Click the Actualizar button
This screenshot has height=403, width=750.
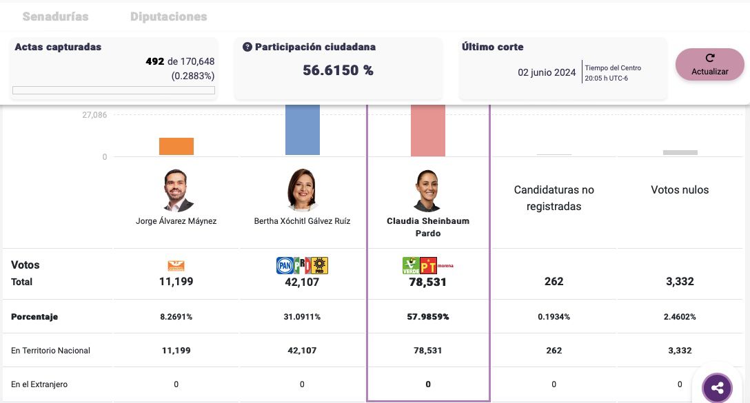pyautogui.click(x=709, y=65)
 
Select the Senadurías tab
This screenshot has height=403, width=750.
pyautogui.click(x=55, y=17)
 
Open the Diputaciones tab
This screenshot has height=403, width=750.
pyautogui.click(x=169, y=17)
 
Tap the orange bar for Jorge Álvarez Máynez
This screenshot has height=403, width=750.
pyautogui.click(x=176, y=146)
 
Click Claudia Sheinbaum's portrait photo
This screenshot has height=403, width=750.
pyautogui.click(x=428, y=190)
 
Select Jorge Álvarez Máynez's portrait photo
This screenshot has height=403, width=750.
pyautogui.click(x=176, y=189)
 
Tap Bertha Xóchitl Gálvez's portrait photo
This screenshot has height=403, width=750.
pyautogui.click(x=302, y=189)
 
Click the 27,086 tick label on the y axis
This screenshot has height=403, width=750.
pyautogui.click(x=94, y=115)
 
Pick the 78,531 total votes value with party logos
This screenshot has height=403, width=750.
pyautogui.click(x=428, y=282)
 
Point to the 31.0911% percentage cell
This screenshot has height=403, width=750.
pyautogui.click(x=302, y=317)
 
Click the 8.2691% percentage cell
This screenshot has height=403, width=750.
pyautogui.click(x=176, y=317)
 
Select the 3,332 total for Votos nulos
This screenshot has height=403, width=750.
pyautogui.click(x=680, y=282)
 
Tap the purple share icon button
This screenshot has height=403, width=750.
pyautogui.click(x=717, y=388)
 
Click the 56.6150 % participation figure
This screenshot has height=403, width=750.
pyautogui.click(x=338, y=70)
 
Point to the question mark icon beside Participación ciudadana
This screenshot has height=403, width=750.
pyautogui.click(x=247, y=48)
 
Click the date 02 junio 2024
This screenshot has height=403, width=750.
pyautogui.click(x=547, y=72)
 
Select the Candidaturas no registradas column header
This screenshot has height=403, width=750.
pyautogui.click(x=554, y=198)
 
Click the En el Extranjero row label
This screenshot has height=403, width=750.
pyautogui.click(x=39, y=384)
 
